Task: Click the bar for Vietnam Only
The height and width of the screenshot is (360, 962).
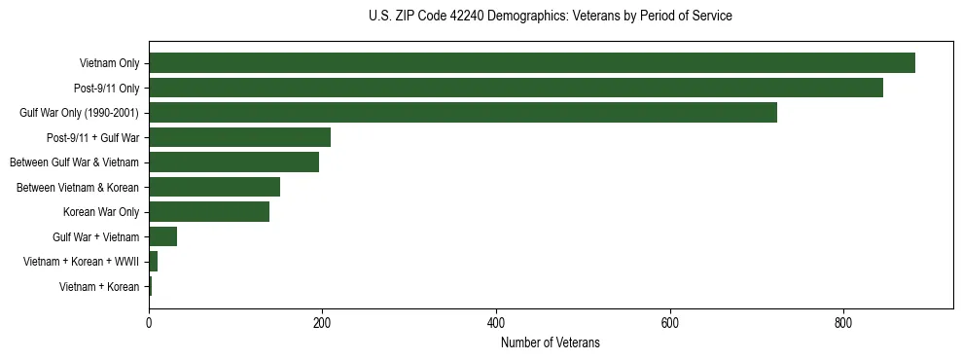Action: tap(531, 63)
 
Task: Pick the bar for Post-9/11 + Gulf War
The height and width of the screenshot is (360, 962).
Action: tap(239, 137)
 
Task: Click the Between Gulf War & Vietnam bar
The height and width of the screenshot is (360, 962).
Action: tap(233, 162)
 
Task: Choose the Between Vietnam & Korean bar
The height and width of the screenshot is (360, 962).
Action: tap(214, 187)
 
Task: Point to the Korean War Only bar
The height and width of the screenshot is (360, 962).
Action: tap(209, 212)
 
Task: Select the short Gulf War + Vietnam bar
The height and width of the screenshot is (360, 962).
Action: tap(162, 236)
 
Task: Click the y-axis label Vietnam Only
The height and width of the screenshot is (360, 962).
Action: tap(109, 64)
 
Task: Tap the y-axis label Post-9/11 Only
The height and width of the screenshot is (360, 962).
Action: tap(106, 89)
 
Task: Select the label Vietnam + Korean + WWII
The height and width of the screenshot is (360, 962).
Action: tap(81, 262)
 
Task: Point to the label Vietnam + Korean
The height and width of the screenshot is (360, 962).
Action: tap(99, 286)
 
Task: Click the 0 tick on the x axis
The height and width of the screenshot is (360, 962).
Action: tap(149, 322)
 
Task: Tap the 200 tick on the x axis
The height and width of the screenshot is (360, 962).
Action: tap(322, 322)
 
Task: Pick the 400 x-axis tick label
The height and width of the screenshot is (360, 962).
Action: tap(496, 322)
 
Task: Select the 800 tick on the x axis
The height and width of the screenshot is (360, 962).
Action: tap(843, 322)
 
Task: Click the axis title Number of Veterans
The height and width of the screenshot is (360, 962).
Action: tap(550, 342)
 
